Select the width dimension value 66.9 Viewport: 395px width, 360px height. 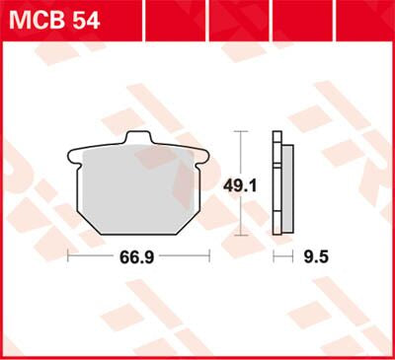pos(138,257)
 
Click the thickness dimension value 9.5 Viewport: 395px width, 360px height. pos(316,257)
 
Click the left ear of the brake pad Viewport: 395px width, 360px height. pos(73,154)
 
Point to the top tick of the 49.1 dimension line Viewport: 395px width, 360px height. pos(241,131)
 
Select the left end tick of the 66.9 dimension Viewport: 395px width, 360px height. pos(67,257)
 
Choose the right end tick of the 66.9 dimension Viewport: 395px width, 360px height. pos(210,257)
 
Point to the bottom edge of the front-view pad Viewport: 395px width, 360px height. pos(139,234)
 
